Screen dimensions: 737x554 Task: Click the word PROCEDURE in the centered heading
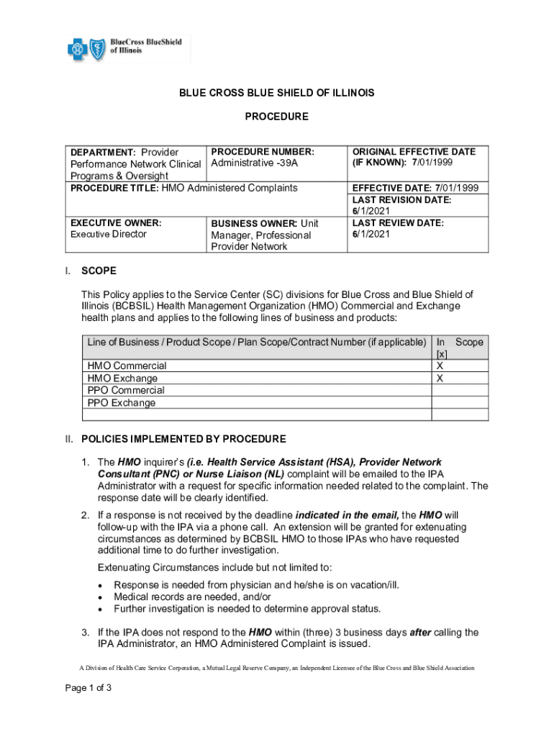coord(277,117)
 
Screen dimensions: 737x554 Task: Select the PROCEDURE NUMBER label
coord(262,152)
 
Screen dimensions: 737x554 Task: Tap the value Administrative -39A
coord(254,163)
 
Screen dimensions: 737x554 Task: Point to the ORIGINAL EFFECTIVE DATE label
coord(414,152)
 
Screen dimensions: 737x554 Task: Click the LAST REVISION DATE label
coord(401,199)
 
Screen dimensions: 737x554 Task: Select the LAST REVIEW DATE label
coord(398,223)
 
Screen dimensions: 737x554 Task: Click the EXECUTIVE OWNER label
coord(115,223)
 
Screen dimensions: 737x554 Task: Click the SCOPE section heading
coord(99,271)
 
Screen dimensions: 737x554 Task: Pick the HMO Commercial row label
coord(127,366)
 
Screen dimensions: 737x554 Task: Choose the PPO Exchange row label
coord(122,402)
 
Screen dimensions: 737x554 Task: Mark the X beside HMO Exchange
coord(440,378)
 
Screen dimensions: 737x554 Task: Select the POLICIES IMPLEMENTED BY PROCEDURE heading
coord(183,439)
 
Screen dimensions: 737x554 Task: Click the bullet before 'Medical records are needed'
coord(99,597)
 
